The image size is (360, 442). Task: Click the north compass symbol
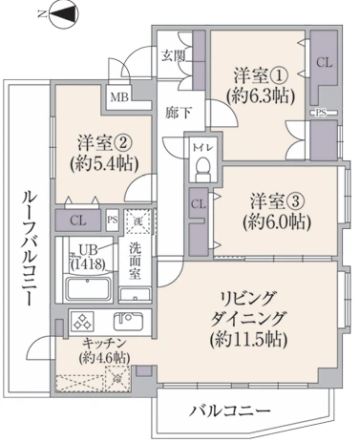click(64, 14)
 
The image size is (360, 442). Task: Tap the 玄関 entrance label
click(173, 56)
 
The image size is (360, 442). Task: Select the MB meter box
click(119, 97)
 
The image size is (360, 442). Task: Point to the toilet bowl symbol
click(201, 170)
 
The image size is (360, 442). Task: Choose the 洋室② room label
click(105, 144)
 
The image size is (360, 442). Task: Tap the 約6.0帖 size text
click(276, 221)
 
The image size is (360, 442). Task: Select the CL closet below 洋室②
click(78, 221)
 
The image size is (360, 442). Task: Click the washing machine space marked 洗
click(138, 221)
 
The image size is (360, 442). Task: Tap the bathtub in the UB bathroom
click(88, 289)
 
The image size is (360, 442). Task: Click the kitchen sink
click(128, 322)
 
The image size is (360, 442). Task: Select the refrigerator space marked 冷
click(117, 378)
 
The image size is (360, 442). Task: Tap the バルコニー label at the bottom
click(230, 411)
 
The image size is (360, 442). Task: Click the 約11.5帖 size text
click(249, 340)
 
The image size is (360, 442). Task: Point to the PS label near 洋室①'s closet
click(321, 113)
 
